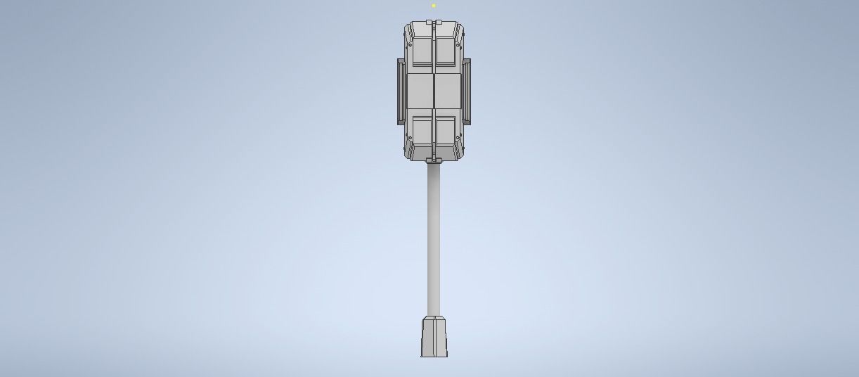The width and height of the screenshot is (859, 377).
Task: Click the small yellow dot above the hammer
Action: [x=434, y=6]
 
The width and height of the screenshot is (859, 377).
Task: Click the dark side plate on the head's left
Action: [x=401, y=91]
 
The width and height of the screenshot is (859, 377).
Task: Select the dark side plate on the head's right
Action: [x=466, y=91]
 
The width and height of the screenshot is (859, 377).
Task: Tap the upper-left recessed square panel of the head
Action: [x=421, y=51]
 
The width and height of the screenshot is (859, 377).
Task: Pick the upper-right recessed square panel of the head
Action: [x=446, y=51]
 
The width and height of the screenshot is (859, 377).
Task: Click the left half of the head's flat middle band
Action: [x=420, y=91]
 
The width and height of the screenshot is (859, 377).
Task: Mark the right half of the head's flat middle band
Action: [x=447, y=91]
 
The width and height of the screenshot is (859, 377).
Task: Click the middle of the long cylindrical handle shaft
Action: [x=434, y=239]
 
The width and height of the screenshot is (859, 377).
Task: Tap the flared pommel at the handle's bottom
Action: [x=434, y=338]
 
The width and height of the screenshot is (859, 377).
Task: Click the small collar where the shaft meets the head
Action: [x=434, y=162]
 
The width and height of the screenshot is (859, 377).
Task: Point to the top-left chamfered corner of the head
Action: [x=408, y=30]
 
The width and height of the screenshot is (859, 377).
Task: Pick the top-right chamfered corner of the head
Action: [x=460, y=30]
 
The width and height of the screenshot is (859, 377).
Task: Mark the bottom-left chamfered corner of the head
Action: [x=408, y=151]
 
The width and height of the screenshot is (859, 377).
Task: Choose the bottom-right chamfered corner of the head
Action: [x=460, y=151]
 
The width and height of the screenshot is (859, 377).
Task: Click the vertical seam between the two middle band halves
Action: [x=434, y=91]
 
